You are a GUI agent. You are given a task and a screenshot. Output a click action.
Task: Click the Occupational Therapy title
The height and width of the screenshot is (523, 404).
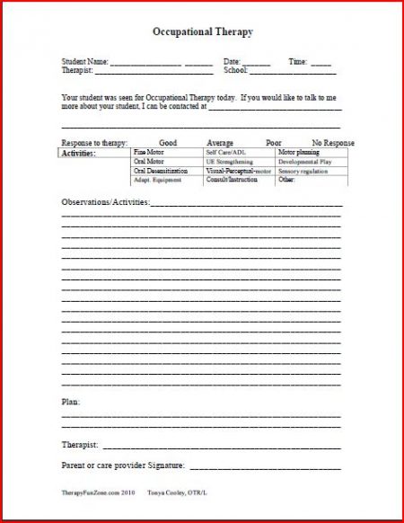(x=202, y=32)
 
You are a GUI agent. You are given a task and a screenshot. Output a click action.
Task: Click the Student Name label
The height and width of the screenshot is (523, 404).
(x=84, y=61)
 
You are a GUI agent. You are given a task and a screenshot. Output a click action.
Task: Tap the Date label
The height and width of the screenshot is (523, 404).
(x=232, y=61)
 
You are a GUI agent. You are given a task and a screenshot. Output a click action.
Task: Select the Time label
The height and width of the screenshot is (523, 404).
(x=298, y=61)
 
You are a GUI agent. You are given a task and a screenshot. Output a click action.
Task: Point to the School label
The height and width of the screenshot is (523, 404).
(x=235, y=69)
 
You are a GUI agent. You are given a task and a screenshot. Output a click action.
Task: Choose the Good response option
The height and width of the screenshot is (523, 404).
(x=168, y=143)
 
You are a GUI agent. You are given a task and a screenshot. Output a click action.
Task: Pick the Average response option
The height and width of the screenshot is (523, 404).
(x=220, y=143)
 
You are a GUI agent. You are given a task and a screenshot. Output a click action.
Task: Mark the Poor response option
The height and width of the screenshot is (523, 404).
(x=273, y=143)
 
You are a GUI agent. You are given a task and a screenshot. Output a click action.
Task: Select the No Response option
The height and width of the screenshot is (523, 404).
(x=333, y=143)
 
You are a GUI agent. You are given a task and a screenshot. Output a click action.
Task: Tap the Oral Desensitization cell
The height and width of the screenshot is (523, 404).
(x=161, y=171)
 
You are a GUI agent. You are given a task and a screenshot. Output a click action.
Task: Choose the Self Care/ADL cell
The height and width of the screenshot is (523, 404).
(x=226, y=153)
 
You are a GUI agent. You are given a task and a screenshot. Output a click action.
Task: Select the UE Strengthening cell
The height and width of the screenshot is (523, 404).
(x=232, y=162)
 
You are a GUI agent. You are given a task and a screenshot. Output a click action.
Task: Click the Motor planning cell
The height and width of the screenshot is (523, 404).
(x=299, y=153)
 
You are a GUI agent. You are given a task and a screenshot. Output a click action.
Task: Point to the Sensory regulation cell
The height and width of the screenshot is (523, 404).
(x=303, y=171)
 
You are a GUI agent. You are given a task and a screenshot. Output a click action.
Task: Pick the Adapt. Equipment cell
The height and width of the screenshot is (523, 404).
(x=158, y=180)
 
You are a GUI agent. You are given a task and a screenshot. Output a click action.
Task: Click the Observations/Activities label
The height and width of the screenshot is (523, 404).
(x=105, y=201)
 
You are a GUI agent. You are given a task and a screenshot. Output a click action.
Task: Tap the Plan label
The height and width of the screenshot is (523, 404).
(x=70, y=401)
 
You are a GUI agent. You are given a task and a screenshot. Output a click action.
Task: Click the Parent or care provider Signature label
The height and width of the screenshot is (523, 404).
(x=123, y=465)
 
